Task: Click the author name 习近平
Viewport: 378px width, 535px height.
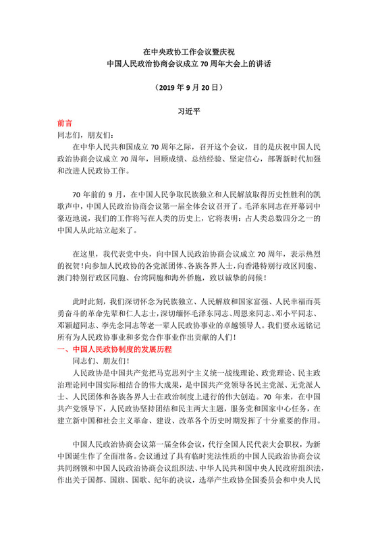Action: click(189, 109)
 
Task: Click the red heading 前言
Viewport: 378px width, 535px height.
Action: click(66, 124)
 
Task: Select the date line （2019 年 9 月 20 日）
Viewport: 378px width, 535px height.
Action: click(189, 87)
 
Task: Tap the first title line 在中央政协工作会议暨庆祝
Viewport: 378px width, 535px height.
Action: click(189, 51)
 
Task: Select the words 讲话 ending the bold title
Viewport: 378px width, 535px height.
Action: click(262, 63)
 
